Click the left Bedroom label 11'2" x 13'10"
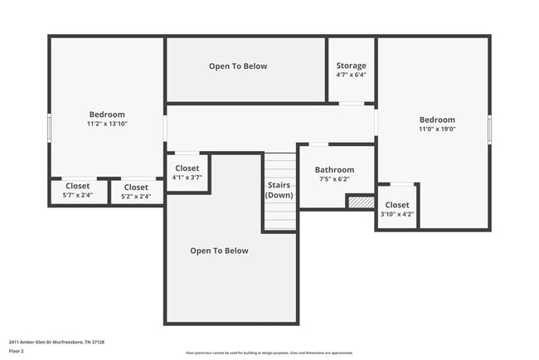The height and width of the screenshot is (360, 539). point(107,119)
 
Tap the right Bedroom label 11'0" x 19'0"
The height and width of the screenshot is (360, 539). point(437,124)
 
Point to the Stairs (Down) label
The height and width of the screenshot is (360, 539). point(279,189)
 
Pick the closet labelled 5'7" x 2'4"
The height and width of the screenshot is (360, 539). point(77,191)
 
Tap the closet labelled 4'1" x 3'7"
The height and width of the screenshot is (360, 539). point(187,173)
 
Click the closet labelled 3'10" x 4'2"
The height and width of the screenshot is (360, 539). point(396,209)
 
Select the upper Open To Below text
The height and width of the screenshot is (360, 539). point(238,66)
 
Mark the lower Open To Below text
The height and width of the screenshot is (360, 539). point(219,251)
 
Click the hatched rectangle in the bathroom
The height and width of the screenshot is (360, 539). point(360,202)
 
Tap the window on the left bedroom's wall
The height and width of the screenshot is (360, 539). point(50,129)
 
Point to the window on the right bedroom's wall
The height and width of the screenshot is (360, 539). point(489,129)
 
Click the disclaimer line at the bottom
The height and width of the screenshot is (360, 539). point(269,353)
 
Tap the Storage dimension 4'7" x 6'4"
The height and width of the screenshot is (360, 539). point(351,75)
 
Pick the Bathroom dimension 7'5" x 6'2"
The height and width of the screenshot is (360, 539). point(334,178)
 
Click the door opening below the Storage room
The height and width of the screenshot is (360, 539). point(352,104)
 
